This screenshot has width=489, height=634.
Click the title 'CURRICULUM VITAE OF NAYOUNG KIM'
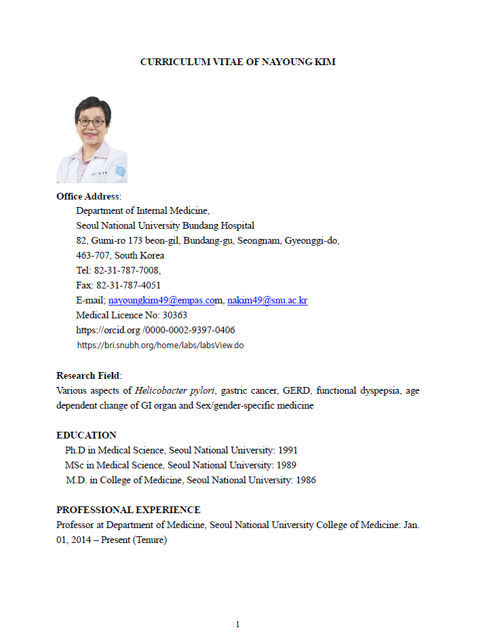click(237, 62)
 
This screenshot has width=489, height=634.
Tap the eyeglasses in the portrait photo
click(91, 122)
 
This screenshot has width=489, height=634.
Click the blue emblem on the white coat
click(120, 171)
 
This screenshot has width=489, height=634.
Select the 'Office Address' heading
click(87, 196)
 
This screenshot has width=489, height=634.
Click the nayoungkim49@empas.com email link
click(161, 300)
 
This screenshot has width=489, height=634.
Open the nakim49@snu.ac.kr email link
click(267, 300)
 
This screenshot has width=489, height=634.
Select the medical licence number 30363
click(174, 315)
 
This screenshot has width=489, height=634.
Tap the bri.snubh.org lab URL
click(160, 345)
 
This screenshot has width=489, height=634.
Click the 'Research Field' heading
click(87, 375)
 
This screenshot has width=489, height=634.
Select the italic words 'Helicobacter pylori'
click(175, 390)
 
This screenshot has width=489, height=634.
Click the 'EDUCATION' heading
click(86, 435)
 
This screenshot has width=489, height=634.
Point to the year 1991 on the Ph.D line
click(287, 450)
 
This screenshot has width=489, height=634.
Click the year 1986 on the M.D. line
click(305, 480)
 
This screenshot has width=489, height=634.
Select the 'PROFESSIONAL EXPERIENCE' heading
click(128, 510)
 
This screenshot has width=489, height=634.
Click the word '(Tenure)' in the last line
click(150, 540)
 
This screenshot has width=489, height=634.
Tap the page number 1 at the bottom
click(237, 624)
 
